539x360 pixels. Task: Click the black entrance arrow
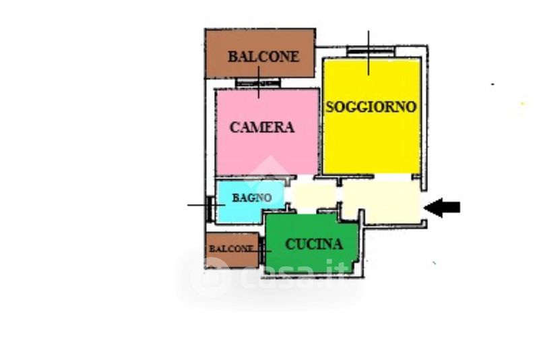443,207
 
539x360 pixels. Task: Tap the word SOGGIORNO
371,107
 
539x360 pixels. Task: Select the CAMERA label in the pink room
262,127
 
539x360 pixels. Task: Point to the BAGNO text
252,198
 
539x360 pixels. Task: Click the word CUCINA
314,244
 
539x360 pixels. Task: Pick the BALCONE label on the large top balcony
263,57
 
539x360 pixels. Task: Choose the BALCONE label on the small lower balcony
230,248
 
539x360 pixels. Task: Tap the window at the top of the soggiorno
368,52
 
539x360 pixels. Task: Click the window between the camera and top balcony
258,84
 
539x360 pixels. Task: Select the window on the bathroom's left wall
212,206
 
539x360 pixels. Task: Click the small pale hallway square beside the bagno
313,196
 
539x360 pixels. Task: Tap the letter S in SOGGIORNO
331,107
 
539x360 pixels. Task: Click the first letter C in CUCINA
290,244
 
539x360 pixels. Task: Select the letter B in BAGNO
236,198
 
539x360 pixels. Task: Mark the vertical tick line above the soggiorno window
369,40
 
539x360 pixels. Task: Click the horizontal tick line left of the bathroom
199,205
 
